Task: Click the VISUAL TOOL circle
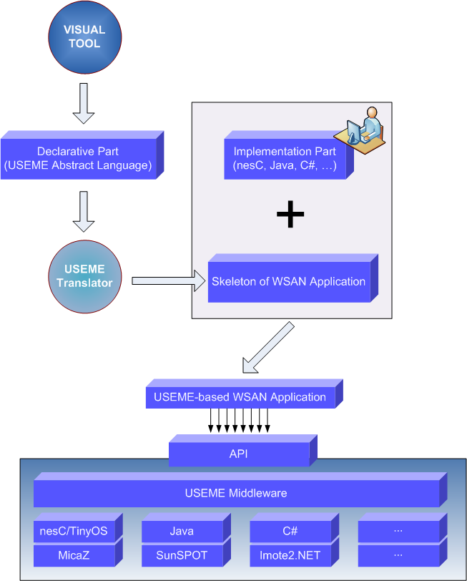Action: pos(84,37)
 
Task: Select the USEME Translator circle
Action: pos(84,276)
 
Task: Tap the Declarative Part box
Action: pos(78,159)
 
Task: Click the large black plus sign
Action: pos(290,215)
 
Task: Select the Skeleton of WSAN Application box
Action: pos(288,282)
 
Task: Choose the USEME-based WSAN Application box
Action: pos(240,397)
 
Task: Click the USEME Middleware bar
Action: pos(236,493)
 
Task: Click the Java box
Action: pos(182,532)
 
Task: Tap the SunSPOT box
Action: pos(182,555)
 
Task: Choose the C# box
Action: pos(290,532)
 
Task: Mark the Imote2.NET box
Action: pos(290,555)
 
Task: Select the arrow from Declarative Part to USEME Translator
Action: pos(84,211)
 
